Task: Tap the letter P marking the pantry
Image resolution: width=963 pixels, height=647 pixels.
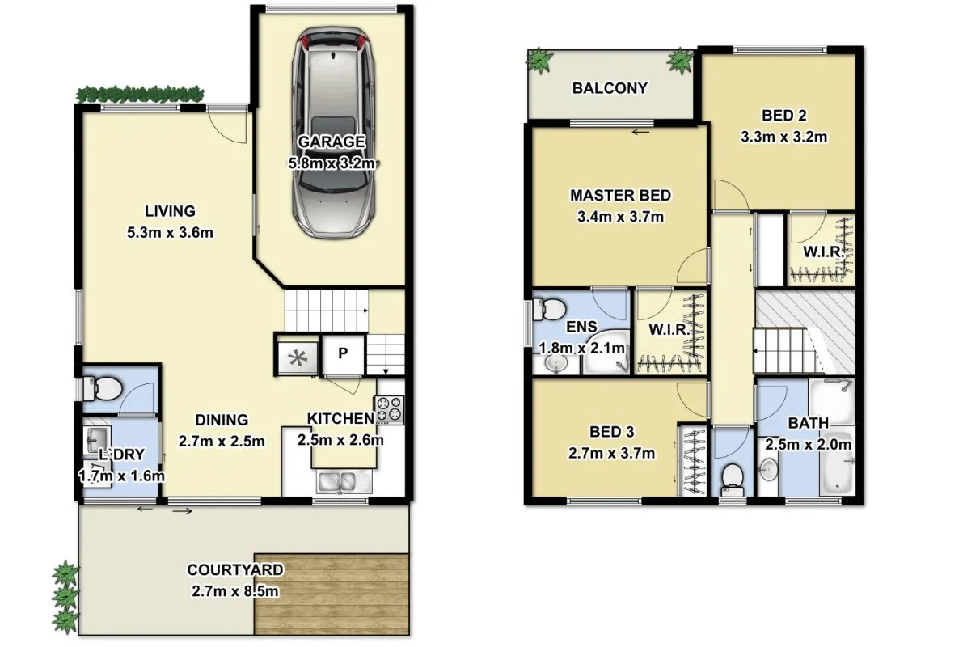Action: click(x=342, y=354)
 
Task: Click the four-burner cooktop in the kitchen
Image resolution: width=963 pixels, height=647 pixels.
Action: click(x=389, y=409)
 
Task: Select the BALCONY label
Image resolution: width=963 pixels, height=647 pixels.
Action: click(x=610, y=88)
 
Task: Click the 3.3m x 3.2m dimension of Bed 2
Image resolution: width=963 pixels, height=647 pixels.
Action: click(x=783, y=137)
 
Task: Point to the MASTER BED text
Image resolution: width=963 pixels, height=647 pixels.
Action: click(x=620, y=195)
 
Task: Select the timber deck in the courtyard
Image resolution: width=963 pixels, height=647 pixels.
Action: click(x=331, y=594)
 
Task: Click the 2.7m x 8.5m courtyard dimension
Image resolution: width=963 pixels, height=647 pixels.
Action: click(x=235, y=591)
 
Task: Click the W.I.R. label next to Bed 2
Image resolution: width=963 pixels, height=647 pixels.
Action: click(x=823, y=251)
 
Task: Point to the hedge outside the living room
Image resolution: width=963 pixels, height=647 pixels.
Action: click(x=140, y=93)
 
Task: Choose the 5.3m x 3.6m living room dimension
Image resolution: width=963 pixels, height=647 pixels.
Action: click(x=170, y=232)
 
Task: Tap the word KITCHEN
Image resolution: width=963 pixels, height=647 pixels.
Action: click(x=340, y=418)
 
